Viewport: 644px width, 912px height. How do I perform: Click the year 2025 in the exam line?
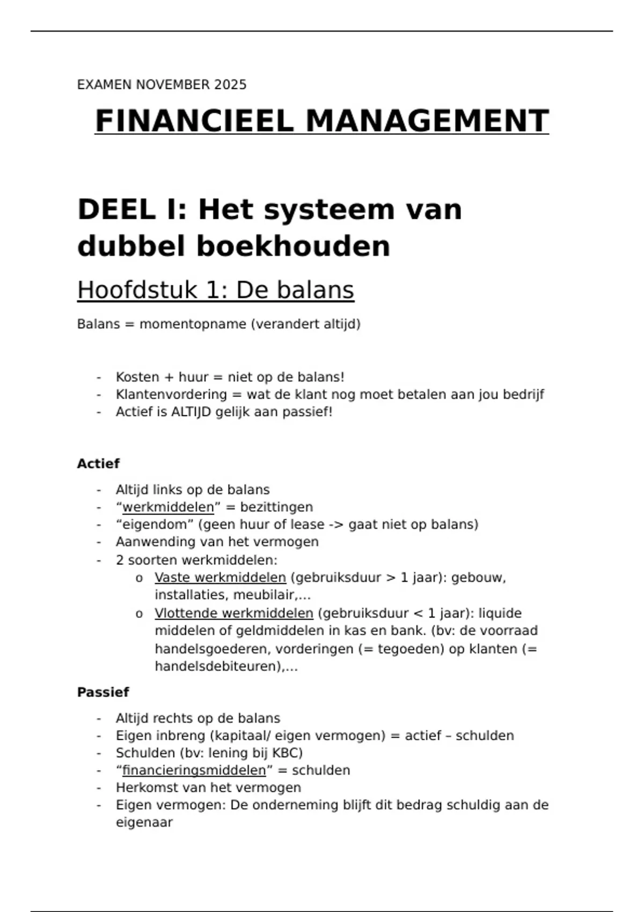(230, 85)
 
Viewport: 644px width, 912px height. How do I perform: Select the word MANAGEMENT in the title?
(427, 121)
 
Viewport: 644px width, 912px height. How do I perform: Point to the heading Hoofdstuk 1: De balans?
(215, 290)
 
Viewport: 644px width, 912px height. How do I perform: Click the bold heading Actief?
(98, 464)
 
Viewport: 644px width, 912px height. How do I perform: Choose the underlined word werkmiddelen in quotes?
(168, 507)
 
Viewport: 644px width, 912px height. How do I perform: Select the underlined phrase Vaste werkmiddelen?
(220, 578)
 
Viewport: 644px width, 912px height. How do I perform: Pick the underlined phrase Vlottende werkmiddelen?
(233, 613)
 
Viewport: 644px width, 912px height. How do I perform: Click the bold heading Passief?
(103, 692)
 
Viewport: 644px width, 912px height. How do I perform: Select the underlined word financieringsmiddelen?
(194, 770)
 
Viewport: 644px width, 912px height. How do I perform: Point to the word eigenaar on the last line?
(144, 822)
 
